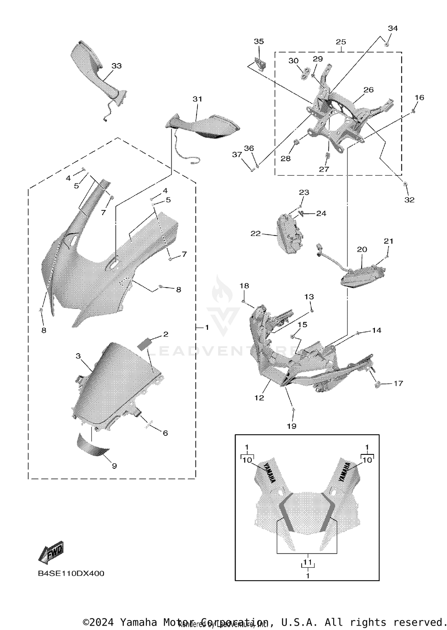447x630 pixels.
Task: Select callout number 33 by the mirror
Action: pyautogui.click(x=117, y=66)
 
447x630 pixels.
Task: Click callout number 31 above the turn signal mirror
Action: pyautogui.click(x=197, y=99)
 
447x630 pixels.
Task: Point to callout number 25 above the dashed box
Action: pyautogui.click(x=341, y=42)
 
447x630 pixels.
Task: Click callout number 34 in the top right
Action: pyautogui.click(x=392, y=28)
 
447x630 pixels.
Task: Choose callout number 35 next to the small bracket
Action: pyautogui.click(x=259, y=41)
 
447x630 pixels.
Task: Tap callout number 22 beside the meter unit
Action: pyautogui.click(x=255, y=234)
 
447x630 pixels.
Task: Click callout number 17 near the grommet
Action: pyautogui.click(x=398, y=383)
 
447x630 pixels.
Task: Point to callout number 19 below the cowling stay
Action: pyautogui.click(x=291, y=426)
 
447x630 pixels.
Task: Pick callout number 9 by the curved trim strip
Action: pyautogui.click(x=114, y=466)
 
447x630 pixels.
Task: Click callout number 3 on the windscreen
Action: pyautogui.click(x=78, y=356)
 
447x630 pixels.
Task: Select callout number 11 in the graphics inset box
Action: pyautogui.click(x=308, y=562)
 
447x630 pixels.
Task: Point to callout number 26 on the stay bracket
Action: pyautogui.click(x=369, y=90)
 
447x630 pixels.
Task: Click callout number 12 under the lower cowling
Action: pyautogui.click(x=259, y=398)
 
